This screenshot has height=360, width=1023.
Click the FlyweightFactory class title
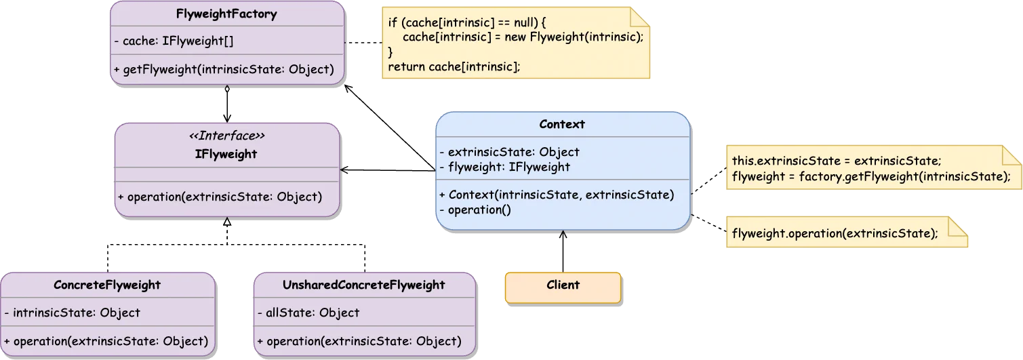(x=226, y=14)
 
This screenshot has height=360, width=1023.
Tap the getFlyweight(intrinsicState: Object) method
(x=224, y=69)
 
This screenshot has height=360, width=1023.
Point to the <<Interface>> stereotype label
(x=226, y=136)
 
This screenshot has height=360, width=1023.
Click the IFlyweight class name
(x=226, y=154)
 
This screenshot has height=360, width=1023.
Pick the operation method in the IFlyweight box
(x=220, y=197)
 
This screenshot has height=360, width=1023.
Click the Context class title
(x=562, y=124)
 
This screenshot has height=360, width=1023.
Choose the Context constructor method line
(x=557, y=195)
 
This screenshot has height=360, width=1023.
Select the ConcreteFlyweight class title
(x=107, y=285)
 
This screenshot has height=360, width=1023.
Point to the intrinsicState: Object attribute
(x=72, y=313)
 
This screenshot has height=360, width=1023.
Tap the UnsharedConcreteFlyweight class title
(x=363, y=285)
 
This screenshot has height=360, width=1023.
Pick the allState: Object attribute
(x=308, y=313)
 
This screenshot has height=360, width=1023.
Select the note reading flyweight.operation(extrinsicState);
(x=835, y=233)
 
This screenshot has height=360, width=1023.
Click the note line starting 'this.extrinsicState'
(x=837, y=161)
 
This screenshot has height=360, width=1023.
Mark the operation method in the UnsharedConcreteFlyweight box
(x=359, y=341)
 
